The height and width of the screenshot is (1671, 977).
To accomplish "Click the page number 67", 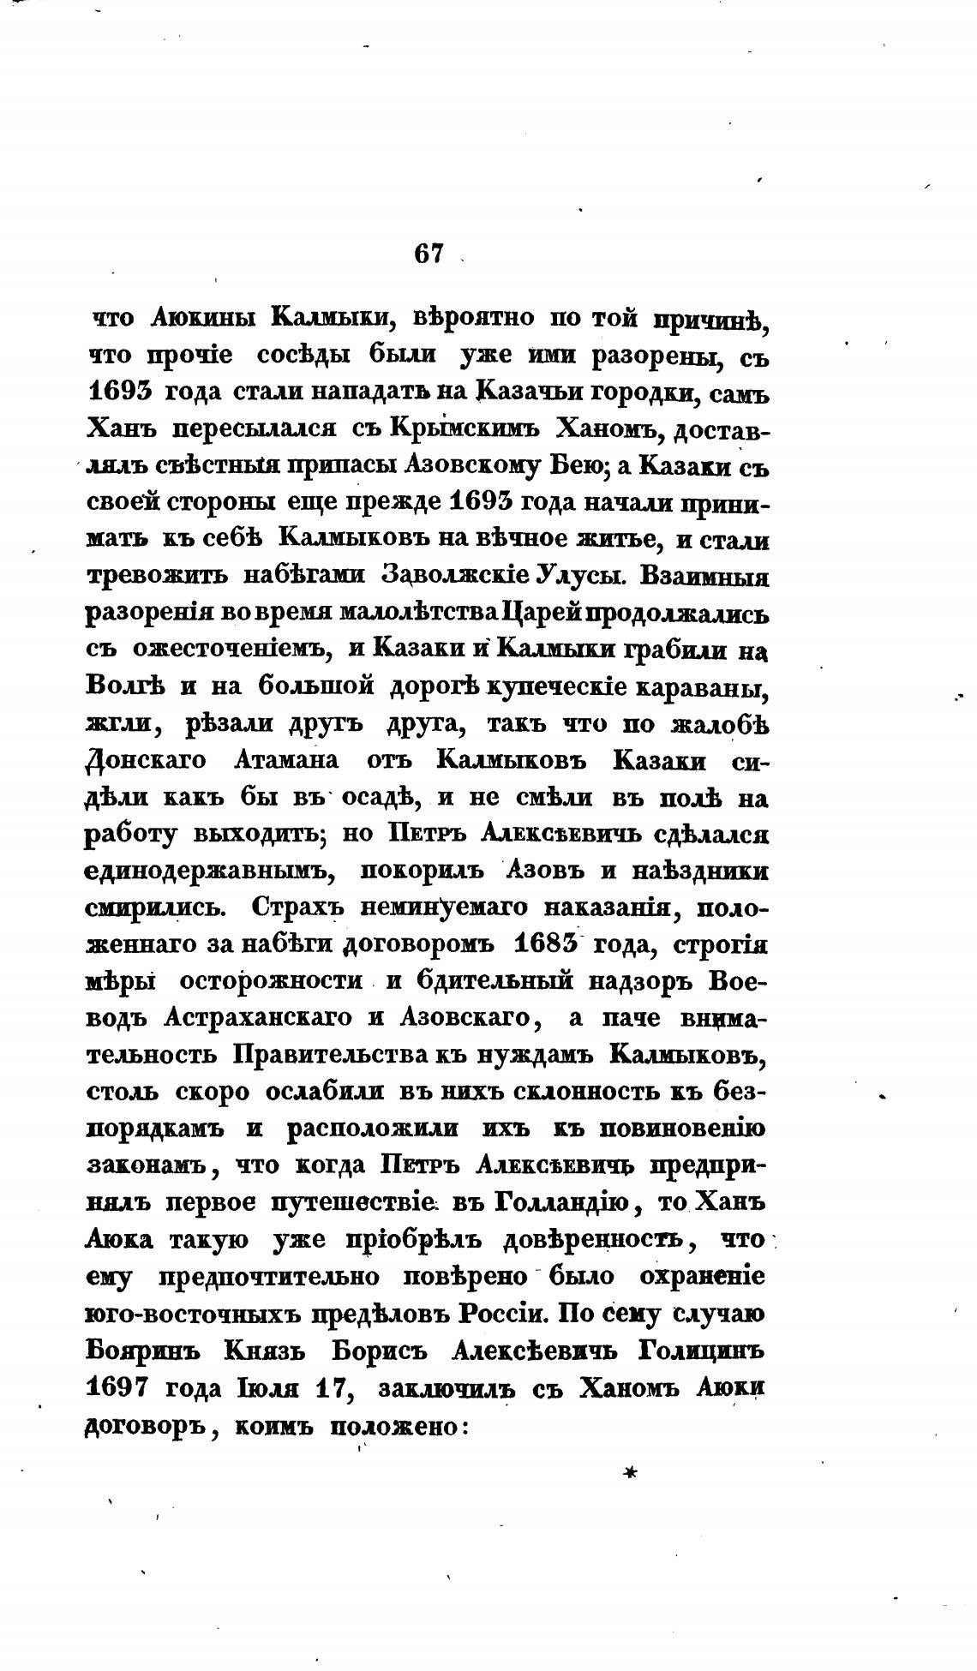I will (x=429, y=254).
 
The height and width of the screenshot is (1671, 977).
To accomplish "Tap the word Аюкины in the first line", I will (x=201, y=317).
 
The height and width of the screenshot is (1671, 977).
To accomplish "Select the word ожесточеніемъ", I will (x=231, y=650).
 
